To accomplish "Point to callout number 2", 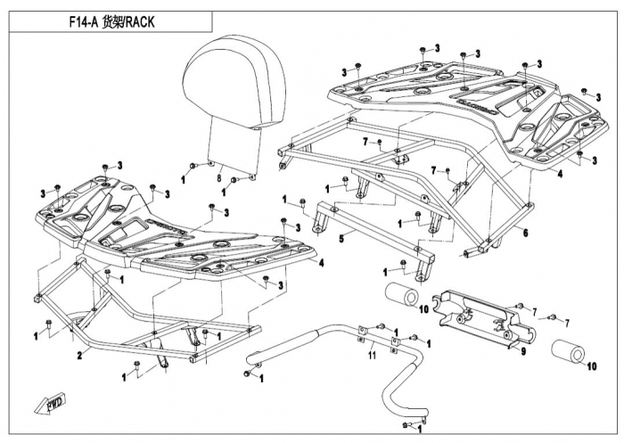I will [x=79, y=355].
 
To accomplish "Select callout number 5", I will [x=340, y=238].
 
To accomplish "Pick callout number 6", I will [x=525, y=233].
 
